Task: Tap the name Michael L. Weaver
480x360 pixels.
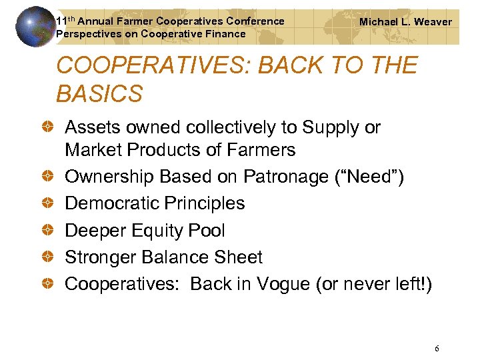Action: [405, 22]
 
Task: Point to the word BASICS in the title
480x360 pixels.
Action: [99, 94]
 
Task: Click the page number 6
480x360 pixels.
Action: [437, 349]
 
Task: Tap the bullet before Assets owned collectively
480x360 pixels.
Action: [49, 127]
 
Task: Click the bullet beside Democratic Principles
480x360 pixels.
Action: [49, 203]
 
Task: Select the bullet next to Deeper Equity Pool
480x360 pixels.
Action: [49, 231]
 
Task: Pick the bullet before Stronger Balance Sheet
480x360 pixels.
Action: [49, 257]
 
